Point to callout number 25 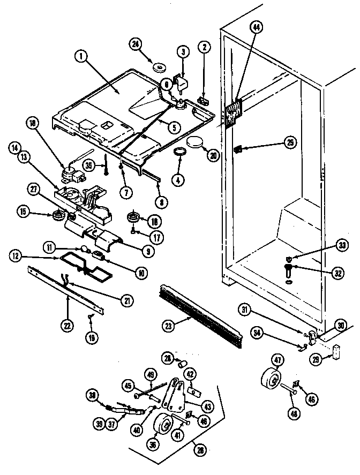(x=290, y=142)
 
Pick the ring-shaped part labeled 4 (x=179, y=152)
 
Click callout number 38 (x=94, y=395)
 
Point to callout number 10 (x=141, y=272)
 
